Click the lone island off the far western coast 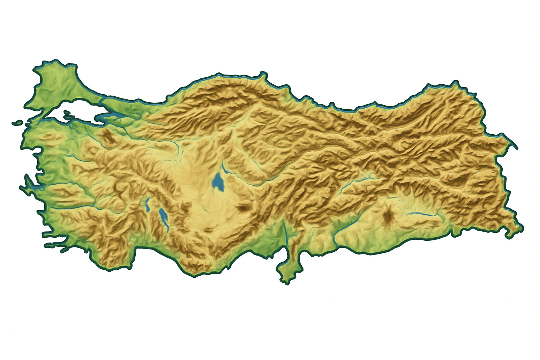(17, 123)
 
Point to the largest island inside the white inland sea (67, 113)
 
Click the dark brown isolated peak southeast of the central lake (242, 208)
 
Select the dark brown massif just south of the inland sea (108, 137)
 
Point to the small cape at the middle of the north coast (262, 75)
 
